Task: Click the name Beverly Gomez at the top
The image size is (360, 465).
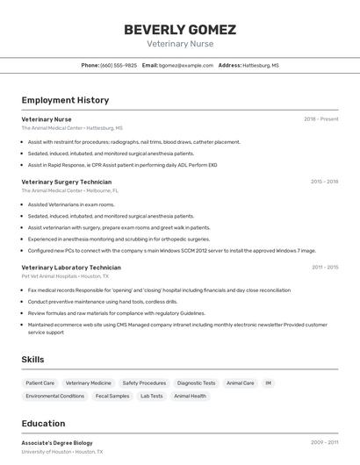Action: point(179,29)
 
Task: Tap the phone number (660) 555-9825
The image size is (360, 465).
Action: point(119,66)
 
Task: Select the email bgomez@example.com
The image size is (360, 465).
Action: point(186,66)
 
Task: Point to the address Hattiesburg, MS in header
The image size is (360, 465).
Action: point(261,66)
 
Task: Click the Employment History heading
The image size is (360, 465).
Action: point(65,100)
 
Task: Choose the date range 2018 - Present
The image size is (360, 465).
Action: point(320,119)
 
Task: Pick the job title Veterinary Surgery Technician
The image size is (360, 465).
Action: point(66,182)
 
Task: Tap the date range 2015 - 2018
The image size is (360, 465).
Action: point(324,182)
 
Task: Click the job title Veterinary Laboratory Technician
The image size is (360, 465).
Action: point(71,267)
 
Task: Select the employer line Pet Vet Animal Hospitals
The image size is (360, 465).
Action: point(65,275)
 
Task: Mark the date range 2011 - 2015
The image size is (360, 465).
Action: point(324,267)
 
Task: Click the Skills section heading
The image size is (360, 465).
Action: point(32,360)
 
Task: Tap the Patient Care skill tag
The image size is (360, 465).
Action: point(40,383)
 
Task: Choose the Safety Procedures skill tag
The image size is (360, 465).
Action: point(144,383)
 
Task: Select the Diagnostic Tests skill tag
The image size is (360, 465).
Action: point(196,383)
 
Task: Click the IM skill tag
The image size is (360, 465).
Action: point(269,383)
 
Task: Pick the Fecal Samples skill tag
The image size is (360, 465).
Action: point(112,396)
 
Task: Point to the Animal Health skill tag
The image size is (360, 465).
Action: point(191,396)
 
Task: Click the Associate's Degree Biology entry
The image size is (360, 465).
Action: point(57,443)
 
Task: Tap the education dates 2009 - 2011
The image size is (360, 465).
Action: point(324,443)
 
